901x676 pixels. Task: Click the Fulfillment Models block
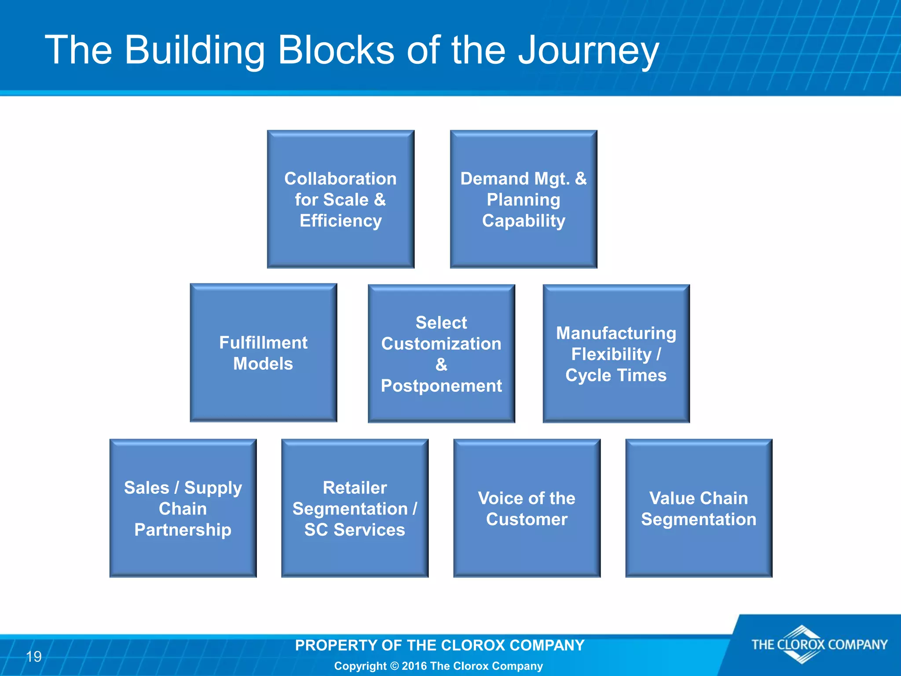click(263, 353)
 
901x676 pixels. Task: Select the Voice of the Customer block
click(527, 508)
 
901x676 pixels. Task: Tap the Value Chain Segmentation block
click(699, 508)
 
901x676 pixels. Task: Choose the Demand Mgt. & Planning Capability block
click(524, 199)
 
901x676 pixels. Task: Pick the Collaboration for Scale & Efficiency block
click(341, 199)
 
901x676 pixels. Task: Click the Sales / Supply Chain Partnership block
click(183, 508)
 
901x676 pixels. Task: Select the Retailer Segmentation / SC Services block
click(355, 508)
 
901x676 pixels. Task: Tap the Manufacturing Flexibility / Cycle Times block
click(616, 353)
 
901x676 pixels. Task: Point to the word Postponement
click(441, 386)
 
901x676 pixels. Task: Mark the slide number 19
click(34, 657)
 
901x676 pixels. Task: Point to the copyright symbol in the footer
click(394, 666)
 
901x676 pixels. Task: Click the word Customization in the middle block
click(441, 344)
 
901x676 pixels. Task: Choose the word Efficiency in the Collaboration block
click(341, 220)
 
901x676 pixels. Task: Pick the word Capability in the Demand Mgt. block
click(524, 220)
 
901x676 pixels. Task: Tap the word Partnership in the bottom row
click(183, 529)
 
